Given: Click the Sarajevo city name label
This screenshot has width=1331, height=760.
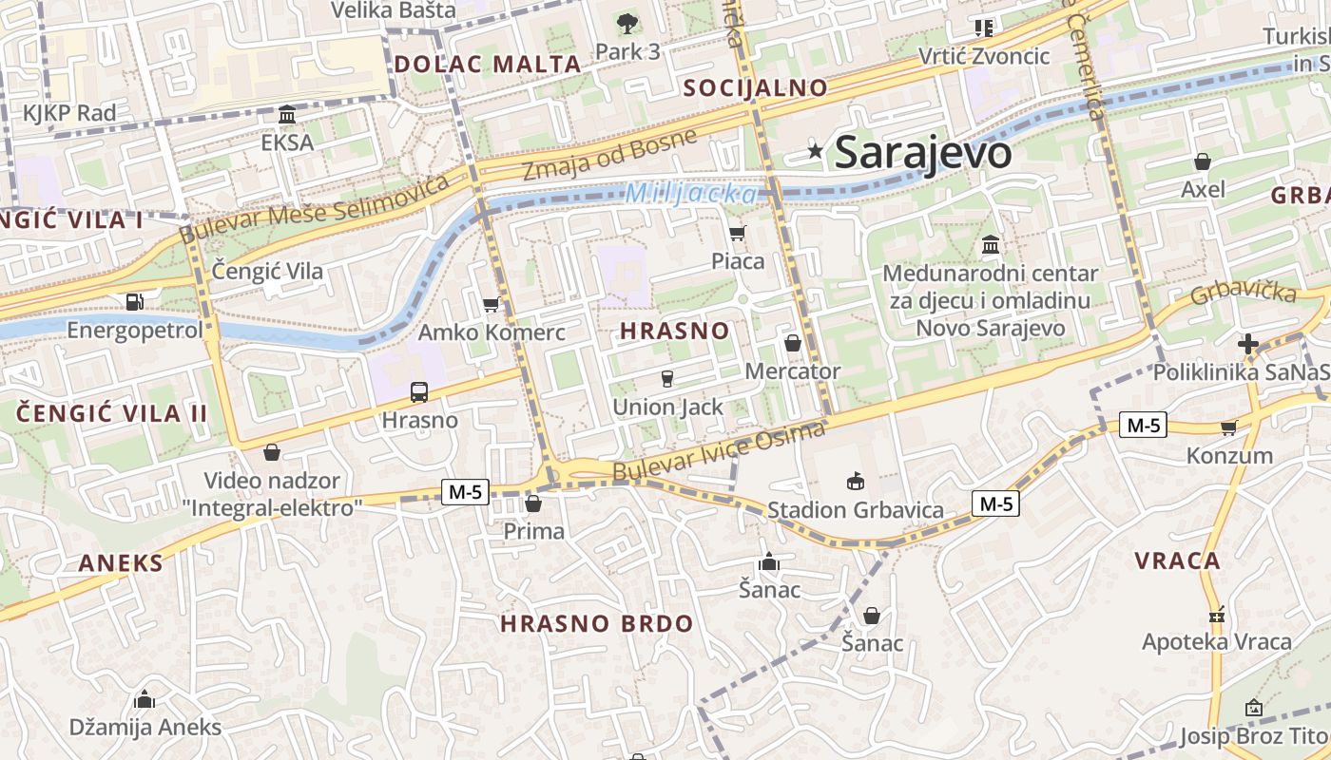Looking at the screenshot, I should point(922,152).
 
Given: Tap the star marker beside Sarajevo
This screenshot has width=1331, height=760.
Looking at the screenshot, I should point(815,151).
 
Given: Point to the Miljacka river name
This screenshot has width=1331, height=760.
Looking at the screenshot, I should point(691,194).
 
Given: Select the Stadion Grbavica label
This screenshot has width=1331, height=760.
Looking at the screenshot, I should point(856,510).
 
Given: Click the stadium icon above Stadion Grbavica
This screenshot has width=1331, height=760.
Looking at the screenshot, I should point(856,482).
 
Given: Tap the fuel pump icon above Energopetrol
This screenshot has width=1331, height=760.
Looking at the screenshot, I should point(135,302).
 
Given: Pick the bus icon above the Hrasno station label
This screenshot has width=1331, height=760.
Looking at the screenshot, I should point(418,391).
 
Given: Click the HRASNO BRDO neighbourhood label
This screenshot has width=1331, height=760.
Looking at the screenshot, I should point(597,624).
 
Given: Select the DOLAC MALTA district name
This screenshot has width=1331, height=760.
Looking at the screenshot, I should point(487,65).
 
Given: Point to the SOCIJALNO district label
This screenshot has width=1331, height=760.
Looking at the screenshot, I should point(756,88).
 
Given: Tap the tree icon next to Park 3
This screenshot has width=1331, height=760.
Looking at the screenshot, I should point(627,24).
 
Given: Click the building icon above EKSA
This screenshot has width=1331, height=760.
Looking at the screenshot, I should point(287,115).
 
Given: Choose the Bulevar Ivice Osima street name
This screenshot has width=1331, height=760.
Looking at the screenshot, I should point(719,452).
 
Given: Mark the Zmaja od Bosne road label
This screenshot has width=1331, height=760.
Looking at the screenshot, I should point(608,154).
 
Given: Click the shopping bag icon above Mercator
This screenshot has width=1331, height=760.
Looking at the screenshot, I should point(793,343).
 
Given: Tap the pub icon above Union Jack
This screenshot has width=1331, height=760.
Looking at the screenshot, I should point(667,379).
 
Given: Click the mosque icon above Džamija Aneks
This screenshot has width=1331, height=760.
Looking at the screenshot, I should point(145,700).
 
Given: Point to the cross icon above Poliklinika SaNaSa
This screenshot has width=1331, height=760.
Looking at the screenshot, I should point(1248,344).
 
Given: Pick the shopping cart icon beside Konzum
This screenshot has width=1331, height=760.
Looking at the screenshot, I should point(1228,428).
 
